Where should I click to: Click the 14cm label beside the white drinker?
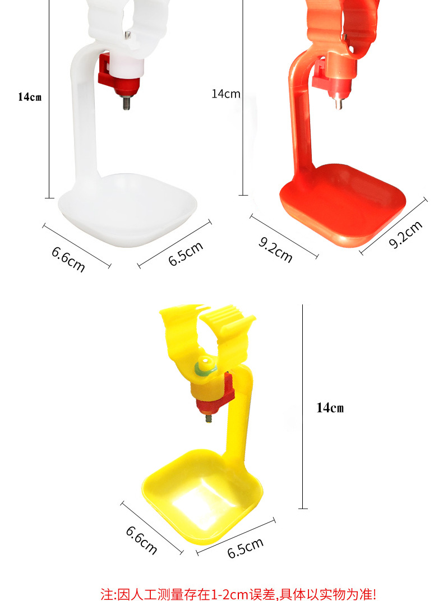point(30,96)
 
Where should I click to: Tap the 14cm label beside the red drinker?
point(226,94)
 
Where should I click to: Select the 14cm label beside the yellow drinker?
point(330,408)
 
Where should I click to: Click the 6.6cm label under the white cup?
point(68,259)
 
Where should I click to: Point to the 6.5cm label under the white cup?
point(186,254)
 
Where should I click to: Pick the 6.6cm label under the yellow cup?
point(141,540)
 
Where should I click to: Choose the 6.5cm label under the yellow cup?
point(245,548)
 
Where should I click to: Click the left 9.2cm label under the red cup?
point(275,249)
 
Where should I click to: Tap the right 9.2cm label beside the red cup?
point(405,234)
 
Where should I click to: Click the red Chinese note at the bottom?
point(238,594)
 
